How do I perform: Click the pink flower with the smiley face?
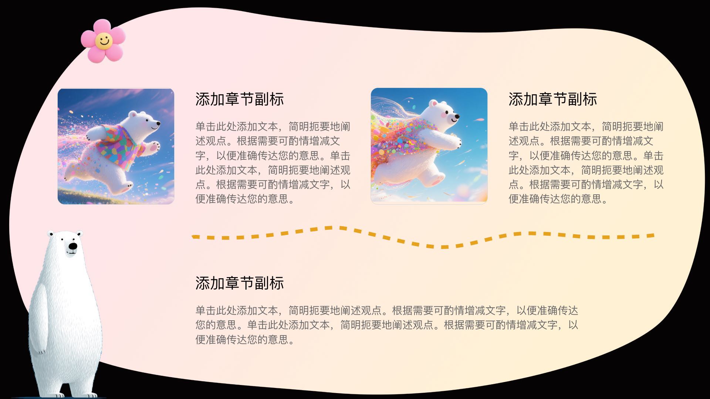[103, 41]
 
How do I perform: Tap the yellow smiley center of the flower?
[104, 41]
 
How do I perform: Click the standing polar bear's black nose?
[73, 246]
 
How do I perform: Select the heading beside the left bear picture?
[240, 99]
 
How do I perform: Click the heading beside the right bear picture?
[553, 99]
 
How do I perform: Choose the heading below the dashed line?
[240, 283]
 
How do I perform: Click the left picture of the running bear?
[116, 146]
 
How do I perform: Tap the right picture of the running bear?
[429, 146]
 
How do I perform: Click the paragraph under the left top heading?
[273, 163]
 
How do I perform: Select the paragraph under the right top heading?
[586, 163]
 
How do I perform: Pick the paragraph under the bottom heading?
[387, 325]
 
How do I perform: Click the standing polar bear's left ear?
[51, 234]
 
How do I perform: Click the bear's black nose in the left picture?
[158, 123]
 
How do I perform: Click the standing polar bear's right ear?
[80, 233]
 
